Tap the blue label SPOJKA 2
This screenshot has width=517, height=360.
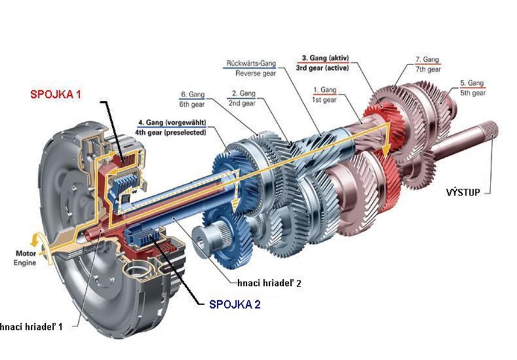click(234, 303)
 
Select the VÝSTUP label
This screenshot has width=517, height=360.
click(463, 192)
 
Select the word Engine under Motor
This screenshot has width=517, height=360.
click(25, 262)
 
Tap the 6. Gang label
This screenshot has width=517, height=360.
click(193, 95)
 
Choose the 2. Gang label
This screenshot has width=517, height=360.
click(242, 94)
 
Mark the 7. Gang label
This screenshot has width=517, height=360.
click(427, 60)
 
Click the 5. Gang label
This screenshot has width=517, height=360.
click(471, 83)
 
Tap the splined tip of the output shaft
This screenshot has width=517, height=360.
click(490, 128)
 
